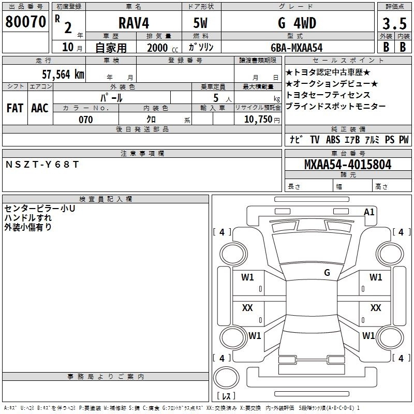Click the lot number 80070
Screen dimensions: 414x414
point(25,22)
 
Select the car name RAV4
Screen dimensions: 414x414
point(134,23)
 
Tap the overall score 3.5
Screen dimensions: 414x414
point(394,23)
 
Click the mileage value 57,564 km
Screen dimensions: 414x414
point(63,75)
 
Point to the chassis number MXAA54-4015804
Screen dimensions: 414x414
point(348,165)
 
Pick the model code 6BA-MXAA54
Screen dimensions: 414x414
point(297,48)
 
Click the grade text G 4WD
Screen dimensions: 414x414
point(297,23)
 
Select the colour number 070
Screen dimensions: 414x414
point(86,120)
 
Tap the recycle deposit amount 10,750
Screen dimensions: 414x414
point(258,120)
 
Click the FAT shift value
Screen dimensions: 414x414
point(15,108)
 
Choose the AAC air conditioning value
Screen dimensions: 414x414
point(40,108)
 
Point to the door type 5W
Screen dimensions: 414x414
point(200,23)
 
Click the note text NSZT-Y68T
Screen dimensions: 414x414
point(42,165)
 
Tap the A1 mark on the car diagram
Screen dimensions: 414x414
point(369,212)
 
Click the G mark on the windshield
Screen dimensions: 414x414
point(327,272)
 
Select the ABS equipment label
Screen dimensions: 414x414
point(333,139)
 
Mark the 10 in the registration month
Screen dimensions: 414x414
point(68,47)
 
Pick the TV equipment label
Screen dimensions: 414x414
point(315,139)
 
